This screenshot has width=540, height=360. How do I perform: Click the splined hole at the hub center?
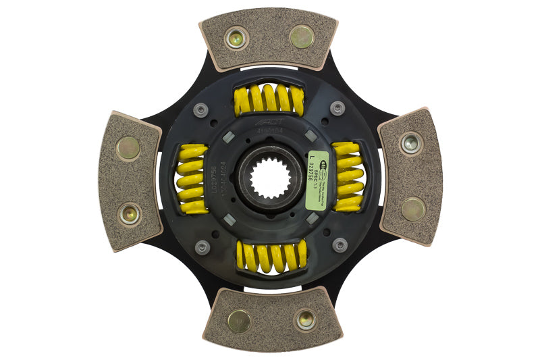tap(269, 178)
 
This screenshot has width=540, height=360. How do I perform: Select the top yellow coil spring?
tap(269, 100)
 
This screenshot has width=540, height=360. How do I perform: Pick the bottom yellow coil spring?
tap(271, 256)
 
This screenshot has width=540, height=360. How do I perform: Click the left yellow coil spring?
tap(192, 179)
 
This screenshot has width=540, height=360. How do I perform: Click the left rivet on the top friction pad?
tap(236, 38)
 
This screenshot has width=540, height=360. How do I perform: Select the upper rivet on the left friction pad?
tap(128, 148)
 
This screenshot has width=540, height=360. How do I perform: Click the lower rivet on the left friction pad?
tap(130, 213)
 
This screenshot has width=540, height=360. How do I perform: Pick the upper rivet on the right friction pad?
tap(410, 143)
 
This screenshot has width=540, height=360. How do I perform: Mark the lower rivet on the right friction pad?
tap(413, 209)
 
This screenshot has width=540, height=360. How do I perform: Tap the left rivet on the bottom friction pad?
tap(239, 321)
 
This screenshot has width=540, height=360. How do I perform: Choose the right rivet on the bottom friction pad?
tap(304, 318)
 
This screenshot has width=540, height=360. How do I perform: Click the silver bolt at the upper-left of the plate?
tap(201, 109)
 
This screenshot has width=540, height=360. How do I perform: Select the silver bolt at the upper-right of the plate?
tap(337, 107)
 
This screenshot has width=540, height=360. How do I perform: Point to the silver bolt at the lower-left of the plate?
tap(202, 247)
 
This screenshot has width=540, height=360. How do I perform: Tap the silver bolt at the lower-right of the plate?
tap(340, 245)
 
